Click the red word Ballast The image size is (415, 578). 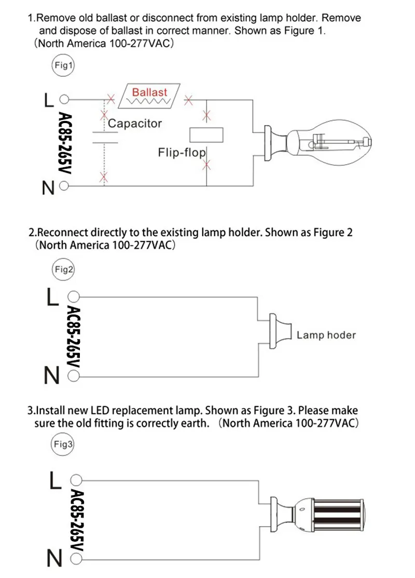149,92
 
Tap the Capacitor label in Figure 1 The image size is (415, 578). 135,124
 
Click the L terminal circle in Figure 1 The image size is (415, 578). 64,99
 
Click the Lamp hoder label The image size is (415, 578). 326,335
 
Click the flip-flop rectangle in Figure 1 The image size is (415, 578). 207,135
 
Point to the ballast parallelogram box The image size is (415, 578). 149,95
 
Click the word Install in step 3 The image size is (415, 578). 49,411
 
